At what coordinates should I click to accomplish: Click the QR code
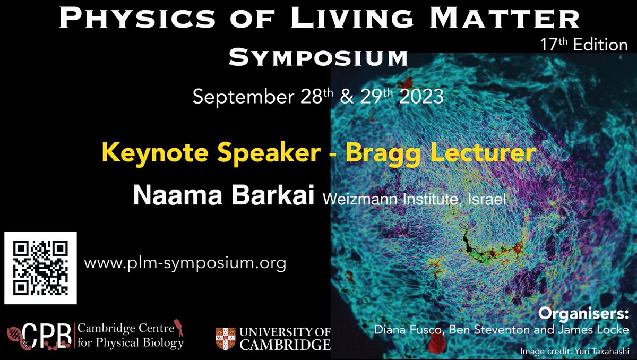coord(41,268)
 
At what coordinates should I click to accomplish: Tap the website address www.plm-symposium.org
coord(185,262)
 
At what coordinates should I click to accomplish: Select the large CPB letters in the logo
coord(47,336)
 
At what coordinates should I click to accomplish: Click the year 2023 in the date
coord(421,97)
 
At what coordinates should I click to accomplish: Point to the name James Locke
coord(599,330)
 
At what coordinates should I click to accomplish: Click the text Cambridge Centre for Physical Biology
coord(131,336)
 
